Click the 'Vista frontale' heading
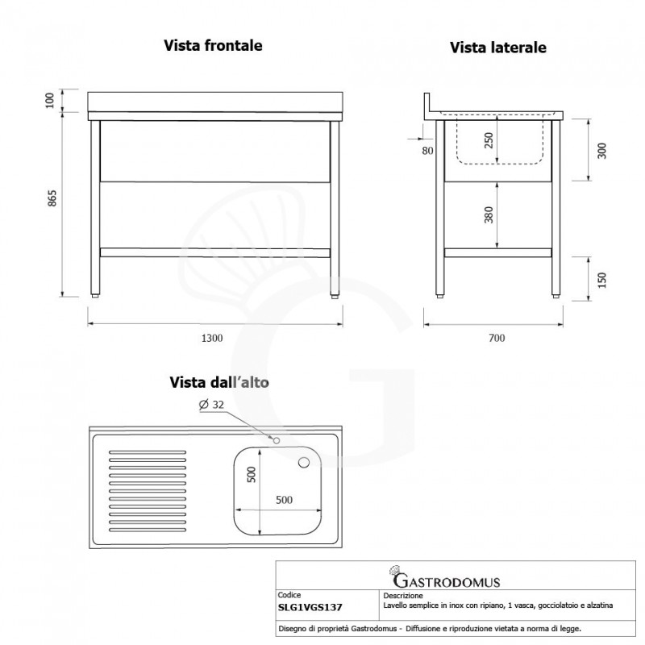(x=213, y=45)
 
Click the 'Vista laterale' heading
(x=497, y=48)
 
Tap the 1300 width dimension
(x=212, y=338)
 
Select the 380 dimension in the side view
(x=489, y=215)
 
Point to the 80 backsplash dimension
(x=427, y=150)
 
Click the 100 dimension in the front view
(x=51, y=101)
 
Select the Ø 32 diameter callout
(x=211, y=405)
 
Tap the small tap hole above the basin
(x=275, y=440)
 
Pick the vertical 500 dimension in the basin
(x=251, y=476)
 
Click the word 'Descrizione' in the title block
(x=402, y=596)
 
